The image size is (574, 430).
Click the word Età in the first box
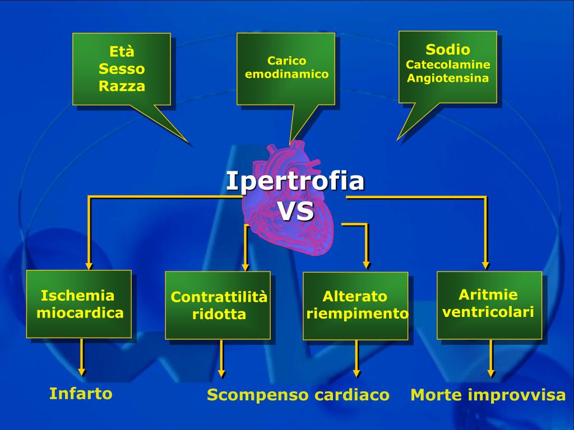pyautogui.click(x=122, y=52)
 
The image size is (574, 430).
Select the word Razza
pyautogui.click(x=122, y=86)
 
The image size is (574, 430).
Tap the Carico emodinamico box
pyautogui.click(x=286, y=68)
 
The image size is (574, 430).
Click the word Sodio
pyautogui.click(x=448, y=49)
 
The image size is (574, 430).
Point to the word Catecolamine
pyautogui.click(x=448, y=64)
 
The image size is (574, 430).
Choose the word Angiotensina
pyautogui.click(x=448, y=78)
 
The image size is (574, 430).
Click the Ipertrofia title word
pyautogui.click(x=295, y=181)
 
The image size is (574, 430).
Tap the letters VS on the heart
pyautogui.click(x=295, y=212)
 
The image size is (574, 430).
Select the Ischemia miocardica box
pyautogui.click(x=79, y=304)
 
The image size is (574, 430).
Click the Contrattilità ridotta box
pyautogui.click(x=218, y=305)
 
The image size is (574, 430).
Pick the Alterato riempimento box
pyautogui.click(x=355, y=305)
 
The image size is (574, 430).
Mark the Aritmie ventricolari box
pyautogui.click(x=489, y=304)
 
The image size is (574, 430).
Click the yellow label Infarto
pyautogui.click(x=81, y=394)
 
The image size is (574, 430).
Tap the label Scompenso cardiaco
pyautogui.click(x=298, y=395)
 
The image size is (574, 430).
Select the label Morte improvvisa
pyautogui.click(x=488, y=395)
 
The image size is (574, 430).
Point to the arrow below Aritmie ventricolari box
pyautogui.click(x=491, y=358)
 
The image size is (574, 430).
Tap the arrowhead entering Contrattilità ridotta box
pyautogui.click(x=245, y=267)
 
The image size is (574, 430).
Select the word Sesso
pyautogui.click(x=122, y=69)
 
